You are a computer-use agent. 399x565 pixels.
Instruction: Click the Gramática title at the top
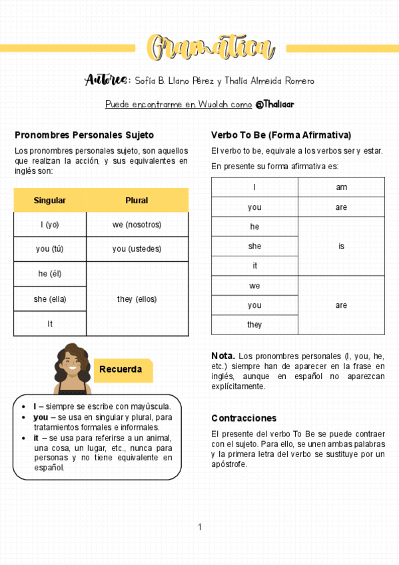210,49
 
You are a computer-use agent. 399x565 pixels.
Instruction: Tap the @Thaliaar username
274,105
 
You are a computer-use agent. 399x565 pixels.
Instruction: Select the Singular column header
50,201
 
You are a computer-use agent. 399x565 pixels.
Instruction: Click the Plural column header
137,201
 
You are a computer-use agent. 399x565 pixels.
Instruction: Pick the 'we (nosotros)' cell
137,225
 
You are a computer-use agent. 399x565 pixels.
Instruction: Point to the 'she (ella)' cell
50,299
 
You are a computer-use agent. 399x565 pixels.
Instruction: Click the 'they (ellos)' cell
137,299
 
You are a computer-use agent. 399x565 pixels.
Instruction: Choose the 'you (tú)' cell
50,249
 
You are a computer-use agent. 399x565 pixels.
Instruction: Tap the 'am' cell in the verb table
341,187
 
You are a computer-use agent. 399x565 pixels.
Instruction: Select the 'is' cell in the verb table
341,246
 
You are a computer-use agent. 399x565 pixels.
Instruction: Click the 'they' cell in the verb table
254,324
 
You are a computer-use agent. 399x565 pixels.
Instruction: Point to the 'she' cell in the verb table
254,246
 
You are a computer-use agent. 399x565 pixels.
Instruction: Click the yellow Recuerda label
121,370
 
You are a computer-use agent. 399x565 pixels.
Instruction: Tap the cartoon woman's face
72,363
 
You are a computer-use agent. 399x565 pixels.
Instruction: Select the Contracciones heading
244,418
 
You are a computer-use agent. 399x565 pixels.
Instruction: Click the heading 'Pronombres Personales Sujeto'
84,135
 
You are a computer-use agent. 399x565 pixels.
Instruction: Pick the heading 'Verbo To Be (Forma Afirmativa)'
281,135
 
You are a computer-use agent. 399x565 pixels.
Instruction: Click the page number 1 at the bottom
199,528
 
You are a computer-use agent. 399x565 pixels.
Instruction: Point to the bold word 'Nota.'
222,356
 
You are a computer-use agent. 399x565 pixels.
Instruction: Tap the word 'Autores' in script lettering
106,81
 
